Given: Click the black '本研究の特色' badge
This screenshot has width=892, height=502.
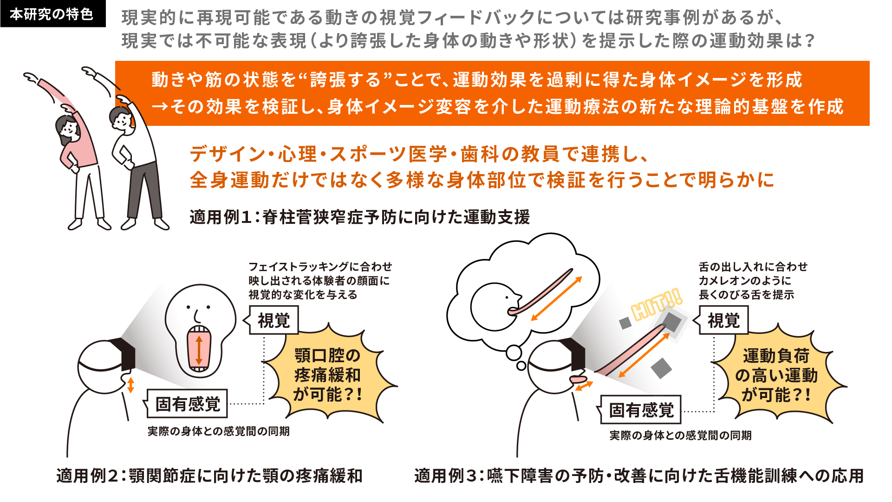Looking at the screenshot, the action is [53, 14].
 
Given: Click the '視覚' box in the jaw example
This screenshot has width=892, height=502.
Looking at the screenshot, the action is [273, 320].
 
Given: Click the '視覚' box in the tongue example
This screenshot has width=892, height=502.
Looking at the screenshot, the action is [723, 320].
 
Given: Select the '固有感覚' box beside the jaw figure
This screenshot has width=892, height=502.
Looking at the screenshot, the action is [187, 404].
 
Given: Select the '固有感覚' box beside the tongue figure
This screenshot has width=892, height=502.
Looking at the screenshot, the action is [641, 410].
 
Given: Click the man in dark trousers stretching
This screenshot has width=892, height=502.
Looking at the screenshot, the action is [135, 153].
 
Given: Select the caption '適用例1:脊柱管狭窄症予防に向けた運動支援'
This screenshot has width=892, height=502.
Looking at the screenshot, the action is [360, 217].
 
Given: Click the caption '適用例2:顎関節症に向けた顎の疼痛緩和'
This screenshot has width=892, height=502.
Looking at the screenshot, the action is [209, 476].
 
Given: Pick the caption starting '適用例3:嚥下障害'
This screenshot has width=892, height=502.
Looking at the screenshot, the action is [639, 476].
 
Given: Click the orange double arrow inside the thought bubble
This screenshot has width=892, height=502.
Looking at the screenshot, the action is [556, 299].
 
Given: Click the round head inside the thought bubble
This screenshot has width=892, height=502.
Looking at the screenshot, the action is [495, 306].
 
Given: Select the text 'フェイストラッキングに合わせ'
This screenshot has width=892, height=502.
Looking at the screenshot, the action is [320, 267].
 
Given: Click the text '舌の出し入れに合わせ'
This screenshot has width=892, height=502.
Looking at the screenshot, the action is [753, 267].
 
